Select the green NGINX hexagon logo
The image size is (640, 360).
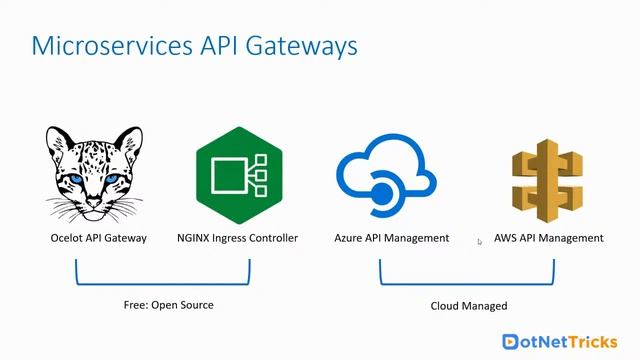pyautogui.click(x=238, y=176)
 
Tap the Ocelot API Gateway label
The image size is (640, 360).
pyautogui.click(x=98, y=238)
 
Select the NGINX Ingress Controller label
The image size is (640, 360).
pyautogui.click(x=237, y=238)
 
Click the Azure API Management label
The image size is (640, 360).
pyautogui.click(x=391, y=238)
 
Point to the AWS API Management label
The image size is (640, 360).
pyautogui.click(x=548, y=238)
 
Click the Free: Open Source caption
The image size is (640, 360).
pyautogui.click(x=162, y=305)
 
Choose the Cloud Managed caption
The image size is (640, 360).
pyautogui.click(x=468, y=305)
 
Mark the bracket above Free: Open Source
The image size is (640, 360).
pyautogui.click(x=162, y=283)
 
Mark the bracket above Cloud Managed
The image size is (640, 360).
pyautogui.click(x=467, y=283)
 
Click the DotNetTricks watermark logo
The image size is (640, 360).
pyautogui.click(x=564, y=341)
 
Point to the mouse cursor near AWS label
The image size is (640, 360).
pyautogui.click(x=480, y=241)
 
